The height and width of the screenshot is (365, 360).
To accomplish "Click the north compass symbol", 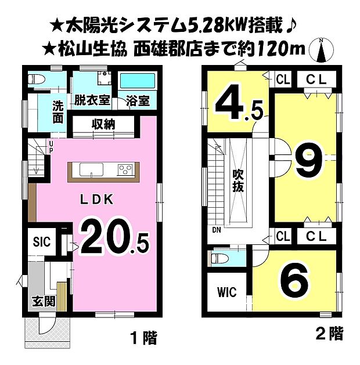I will click(x=321, y=50).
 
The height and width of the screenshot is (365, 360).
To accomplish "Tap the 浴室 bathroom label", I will click(x=138, y=100).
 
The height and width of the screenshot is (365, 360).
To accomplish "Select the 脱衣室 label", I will click(x=92, y=100).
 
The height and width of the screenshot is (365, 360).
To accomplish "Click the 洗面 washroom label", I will click(x=59, y=112).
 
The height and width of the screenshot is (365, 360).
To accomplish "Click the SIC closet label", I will click(x=42, y=242).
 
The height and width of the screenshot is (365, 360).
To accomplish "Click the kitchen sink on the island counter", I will click(x=91, y=170).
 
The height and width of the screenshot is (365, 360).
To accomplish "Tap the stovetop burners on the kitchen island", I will click(x=125, y=170).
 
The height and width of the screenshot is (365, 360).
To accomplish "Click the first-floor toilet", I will click(x=36, y=79).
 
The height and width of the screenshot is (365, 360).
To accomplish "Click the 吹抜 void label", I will click(x=238, y=180).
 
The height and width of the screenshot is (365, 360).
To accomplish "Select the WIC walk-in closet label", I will click(x=226, y=292).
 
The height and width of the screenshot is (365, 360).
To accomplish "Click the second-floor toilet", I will click(x=219, y=258).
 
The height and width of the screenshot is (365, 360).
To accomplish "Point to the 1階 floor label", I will click(x=143, y=338).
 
